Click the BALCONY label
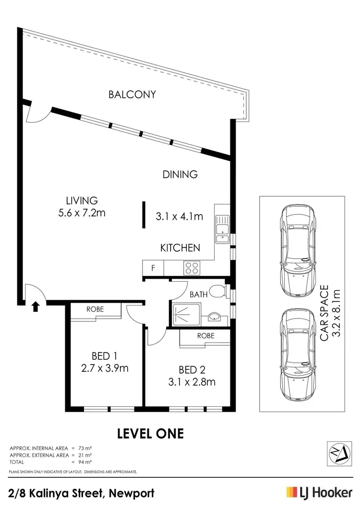point(132,95)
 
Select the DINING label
point(180,174)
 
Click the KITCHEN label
point(180,248)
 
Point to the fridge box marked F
point(153,268)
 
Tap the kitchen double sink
point(222,228)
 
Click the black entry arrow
point(36,306)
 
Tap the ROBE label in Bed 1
point(95,309)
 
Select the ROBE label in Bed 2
point(205,336)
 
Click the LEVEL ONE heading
point(151,433)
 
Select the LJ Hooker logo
point(319,493)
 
